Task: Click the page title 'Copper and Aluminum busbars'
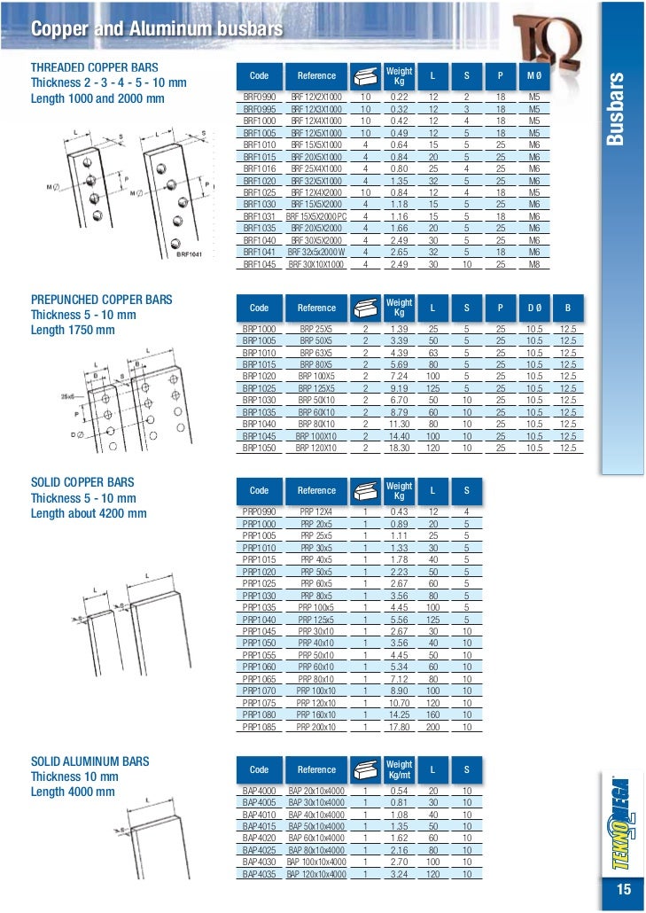157,30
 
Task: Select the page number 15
620,890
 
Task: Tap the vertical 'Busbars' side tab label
619,110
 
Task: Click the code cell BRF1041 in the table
260,253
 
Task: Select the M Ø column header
534,76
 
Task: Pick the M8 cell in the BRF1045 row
534,263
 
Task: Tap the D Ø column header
534,308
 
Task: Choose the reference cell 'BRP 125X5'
316,388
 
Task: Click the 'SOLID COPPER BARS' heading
82,482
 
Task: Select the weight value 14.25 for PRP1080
399,714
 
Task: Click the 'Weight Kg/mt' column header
399,769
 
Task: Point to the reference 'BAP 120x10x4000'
316,873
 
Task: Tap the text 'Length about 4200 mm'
89,514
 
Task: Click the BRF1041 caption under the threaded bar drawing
188,254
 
